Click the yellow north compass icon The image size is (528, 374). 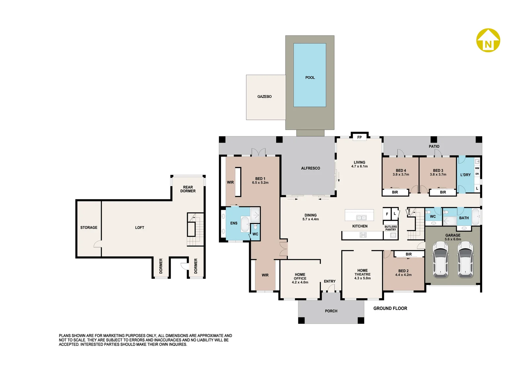tap(488, 40)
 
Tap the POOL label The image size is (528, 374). tap(310, 77)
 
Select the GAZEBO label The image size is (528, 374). tap(264, 97)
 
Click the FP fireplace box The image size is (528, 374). tap(359, 137)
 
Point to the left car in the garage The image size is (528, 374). tap(441, 259)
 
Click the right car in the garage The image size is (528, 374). tap(465, 259)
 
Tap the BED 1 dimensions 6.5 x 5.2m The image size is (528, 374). tap(260, 183)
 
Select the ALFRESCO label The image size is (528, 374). tap(311, 168)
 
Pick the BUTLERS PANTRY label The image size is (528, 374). tap(391, 228)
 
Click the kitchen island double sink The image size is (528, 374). tap(361, 218)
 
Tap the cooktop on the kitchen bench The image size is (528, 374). tap(363, 235)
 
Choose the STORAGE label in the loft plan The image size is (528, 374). tap(89, 228)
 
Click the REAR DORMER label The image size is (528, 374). tap(188, 189)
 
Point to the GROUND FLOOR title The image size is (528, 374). tap(390, 308)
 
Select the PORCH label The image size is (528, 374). tap(331, 311)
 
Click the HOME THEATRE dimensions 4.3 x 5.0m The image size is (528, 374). tap(362, 278)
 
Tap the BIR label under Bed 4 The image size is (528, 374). tap(395, 192)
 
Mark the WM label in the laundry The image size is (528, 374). tap(477, 168)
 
